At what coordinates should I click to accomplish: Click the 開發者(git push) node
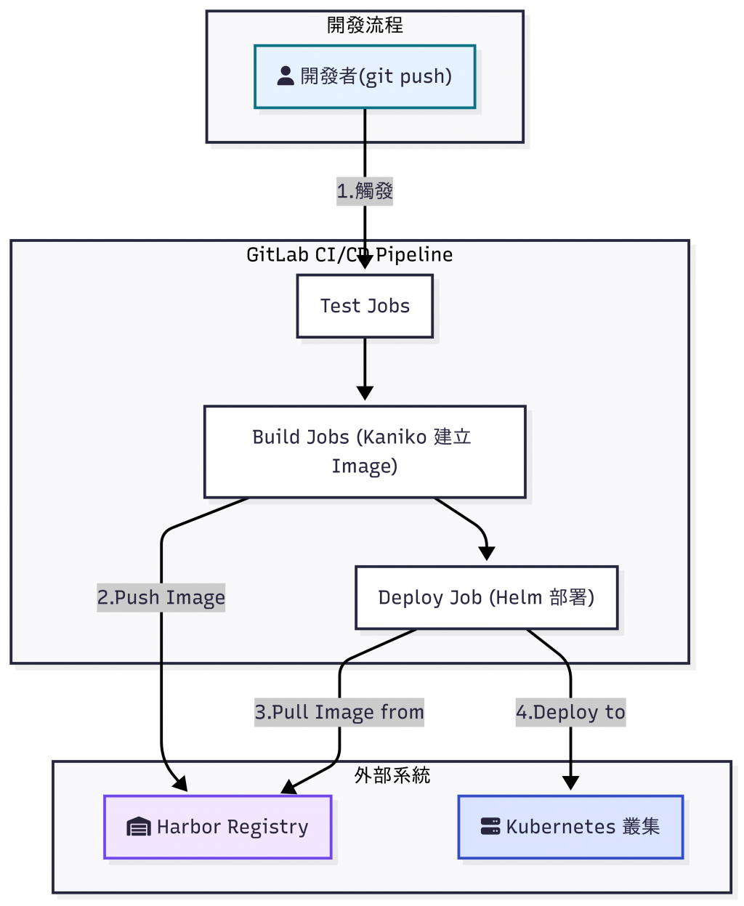(x=365, y=76)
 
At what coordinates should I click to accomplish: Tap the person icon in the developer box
(x=286, y=76)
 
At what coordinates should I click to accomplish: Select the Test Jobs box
(x=365, y=306)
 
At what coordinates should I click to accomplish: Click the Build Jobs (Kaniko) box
(x=365, y=452)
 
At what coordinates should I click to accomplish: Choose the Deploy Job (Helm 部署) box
(x=486, y=597)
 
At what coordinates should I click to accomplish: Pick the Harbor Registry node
(x=218, y=827)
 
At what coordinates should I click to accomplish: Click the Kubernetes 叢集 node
(x=570, y=827)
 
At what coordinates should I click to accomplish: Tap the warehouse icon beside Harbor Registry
(x=138, y=827)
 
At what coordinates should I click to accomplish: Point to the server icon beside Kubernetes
(x=490, y=827)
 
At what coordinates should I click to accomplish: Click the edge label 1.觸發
(x=365, y=191)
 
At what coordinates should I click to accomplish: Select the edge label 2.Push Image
(x=161, y=597)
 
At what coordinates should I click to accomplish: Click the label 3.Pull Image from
(x=339, y=712)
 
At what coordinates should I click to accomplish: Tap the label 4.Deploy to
(x=570, y=712)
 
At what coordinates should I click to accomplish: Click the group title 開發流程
(x=365, y=25)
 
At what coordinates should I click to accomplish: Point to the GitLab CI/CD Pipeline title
(x=349, y=254)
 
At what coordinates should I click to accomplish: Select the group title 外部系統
(x=392, y=775)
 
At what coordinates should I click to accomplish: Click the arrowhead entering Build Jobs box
(x=365, y=394)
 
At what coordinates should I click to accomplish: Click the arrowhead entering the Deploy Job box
(x=487, y=554)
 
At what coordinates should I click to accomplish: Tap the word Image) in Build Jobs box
(x=365, y=466)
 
